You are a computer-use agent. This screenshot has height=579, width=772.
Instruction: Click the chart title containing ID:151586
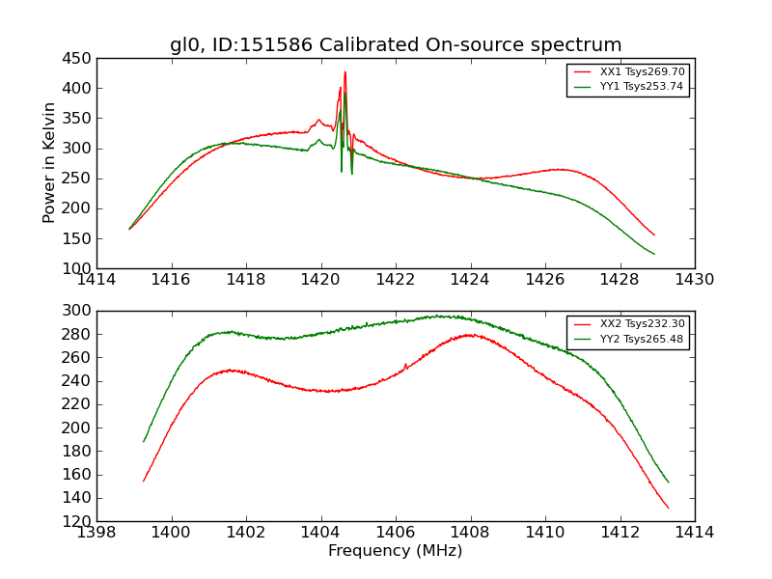point(396,44)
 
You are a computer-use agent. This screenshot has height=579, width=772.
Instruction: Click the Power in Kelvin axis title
point(50,163)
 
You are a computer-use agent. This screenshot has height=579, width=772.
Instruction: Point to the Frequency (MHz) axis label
point(396,551)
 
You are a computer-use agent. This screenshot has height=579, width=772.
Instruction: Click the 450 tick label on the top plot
point(77,59)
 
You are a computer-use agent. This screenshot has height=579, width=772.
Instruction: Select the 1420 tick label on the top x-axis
point(321,280)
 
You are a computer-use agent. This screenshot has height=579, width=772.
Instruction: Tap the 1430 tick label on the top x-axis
point(695,280)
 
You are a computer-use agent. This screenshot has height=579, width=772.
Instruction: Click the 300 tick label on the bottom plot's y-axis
point(77,311)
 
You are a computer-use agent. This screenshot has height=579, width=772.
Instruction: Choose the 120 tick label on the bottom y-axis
point(77,521)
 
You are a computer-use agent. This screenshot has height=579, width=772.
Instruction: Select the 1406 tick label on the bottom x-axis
point(396,533)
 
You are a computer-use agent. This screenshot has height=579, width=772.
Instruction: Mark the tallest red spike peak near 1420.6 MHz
point(345,71)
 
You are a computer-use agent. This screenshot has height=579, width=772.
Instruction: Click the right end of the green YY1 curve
point(654,255)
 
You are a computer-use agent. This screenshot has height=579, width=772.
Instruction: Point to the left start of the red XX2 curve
point(144,481)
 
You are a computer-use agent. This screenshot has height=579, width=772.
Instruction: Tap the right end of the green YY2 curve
point(668,482)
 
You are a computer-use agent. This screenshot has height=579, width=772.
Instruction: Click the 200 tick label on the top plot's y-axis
point(77,208)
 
